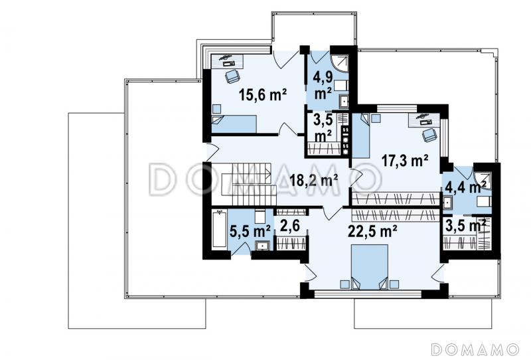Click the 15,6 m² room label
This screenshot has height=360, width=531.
tap(263, 94)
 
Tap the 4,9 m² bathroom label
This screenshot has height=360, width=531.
tap(322, 86)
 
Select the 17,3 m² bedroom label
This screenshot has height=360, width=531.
tap(405, 160)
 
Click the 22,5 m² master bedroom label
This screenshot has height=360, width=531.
tap(373, 232)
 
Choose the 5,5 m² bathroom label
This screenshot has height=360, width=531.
tap(250, 232)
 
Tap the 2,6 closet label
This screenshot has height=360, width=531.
tap(290, 226)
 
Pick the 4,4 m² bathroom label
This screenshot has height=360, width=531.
tap(466, 186)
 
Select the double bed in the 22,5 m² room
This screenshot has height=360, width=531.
tap(370, 267)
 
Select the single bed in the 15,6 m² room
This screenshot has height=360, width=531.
tap(234, 124)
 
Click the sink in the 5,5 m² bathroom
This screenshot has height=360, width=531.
tap(262, 245)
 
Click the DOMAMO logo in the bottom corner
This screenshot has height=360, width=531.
tap(475, 349)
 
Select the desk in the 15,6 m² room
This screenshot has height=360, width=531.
tap(228, 60)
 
